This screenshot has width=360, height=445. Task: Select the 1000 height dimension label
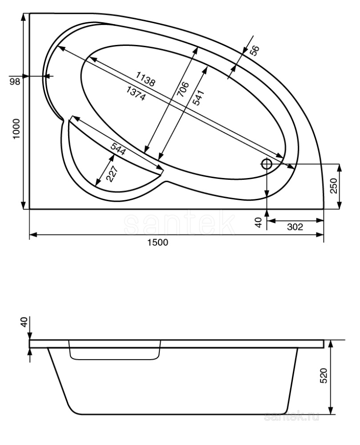tap(16, 129)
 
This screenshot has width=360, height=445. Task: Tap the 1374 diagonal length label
tap(136, 93)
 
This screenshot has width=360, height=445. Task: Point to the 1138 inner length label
tap(146, 80)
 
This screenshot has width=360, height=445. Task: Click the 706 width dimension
tap(182, 89)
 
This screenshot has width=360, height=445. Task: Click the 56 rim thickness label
tap(253, 51)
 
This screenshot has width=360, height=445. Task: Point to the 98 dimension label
tap(15, 81)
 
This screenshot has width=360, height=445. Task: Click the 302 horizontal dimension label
tap(294, 227)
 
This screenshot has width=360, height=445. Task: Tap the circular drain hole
tap(267, 164)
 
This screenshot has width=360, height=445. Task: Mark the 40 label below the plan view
tap(258, 222)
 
